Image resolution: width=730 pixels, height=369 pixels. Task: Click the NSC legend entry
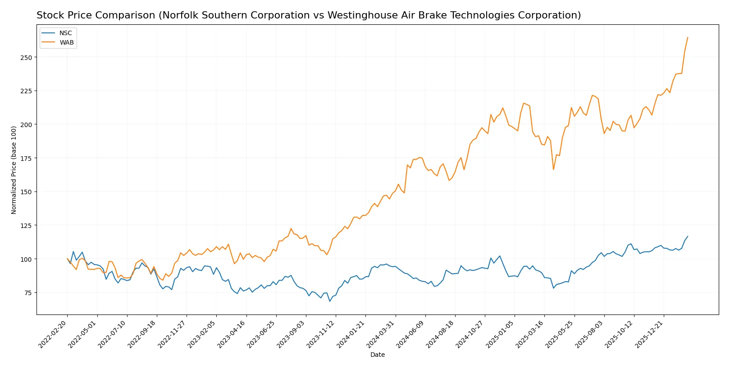65,33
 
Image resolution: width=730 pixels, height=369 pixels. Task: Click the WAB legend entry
66,42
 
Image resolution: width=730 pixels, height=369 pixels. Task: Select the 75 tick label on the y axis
28,293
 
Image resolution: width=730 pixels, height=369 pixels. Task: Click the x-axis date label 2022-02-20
53,334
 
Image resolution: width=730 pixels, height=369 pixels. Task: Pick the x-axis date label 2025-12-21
649,334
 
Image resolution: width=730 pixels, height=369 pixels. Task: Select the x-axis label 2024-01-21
351,334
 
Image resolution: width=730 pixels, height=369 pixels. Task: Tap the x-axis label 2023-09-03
292,334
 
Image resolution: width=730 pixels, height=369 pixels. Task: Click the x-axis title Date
377,355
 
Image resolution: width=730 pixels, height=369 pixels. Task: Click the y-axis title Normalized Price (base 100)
14,170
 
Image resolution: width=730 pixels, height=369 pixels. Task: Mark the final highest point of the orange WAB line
688,37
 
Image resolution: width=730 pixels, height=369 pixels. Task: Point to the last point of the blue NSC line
688,237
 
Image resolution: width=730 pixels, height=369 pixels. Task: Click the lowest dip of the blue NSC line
330,301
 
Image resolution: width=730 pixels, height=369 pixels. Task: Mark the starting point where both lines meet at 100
67,259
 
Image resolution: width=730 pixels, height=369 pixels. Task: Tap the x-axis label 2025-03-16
530,334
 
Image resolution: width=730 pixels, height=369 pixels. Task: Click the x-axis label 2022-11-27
172,334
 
